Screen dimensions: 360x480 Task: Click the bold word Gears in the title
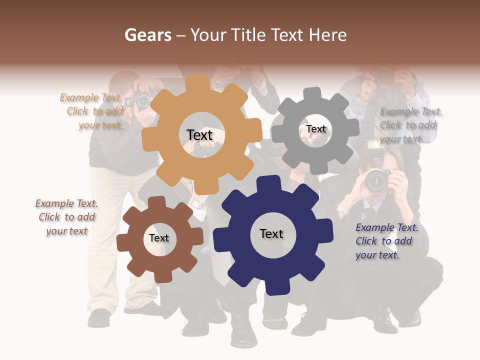(x=147, y=35)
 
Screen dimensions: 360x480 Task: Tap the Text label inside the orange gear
(x=200, y=135)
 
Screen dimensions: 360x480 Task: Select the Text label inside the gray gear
(x=316, y=129)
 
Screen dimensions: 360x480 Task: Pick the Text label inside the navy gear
(x=271, y=233)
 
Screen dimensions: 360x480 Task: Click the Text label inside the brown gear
(x=159, y=238)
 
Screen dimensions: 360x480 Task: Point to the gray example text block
(x=409, y=125)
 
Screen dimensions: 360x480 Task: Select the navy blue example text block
(x=385, y=241)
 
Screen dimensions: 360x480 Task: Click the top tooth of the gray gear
(x=312, y=93)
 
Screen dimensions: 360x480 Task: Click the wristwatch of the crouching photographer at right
(x=342, y=210)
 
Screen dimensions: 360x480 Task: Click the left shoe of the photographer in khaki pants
(x=99, y=317)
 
